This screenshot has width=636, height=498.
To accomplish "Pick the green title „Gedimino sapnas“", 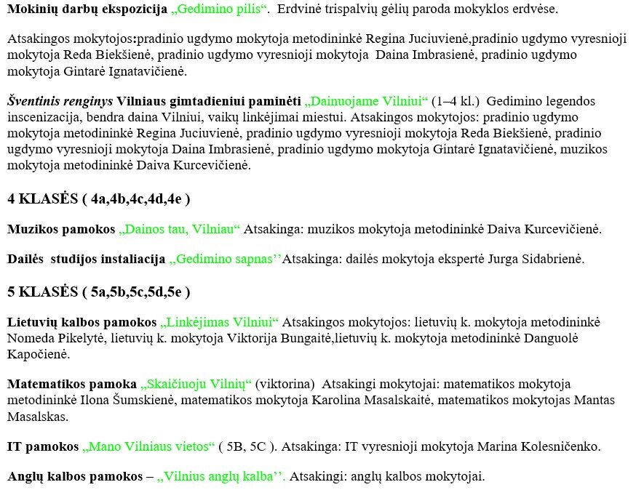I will point(225,259).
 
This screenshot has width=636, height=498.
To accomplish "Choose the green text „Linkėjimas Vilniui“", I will point(220,322).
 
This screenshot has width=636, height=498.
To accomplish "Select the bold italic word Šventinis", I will point(33,101).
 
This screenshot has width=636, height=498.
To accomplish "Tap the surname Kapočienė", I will point(39,355).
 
